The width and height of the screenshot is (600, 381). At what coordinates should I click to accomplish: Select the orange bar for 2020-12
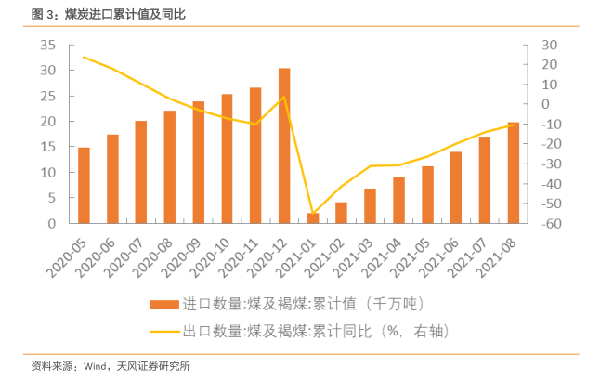click(284, 146)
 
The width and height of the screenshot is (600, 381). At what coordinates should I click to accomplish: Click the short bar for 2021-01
click(313, 218)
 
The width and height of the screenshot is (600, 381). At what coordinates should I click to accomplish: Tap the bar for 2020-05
click(84, 186)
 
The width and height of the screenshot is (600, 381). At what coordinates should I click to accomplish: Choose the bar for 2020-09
click(199, 163)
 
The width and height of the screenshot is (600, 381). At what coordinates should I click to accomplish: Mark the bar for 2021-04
click(398, 200)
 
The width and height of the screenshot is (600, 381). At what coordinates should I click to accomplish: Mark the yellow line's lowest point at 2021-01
click(313, 214)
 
